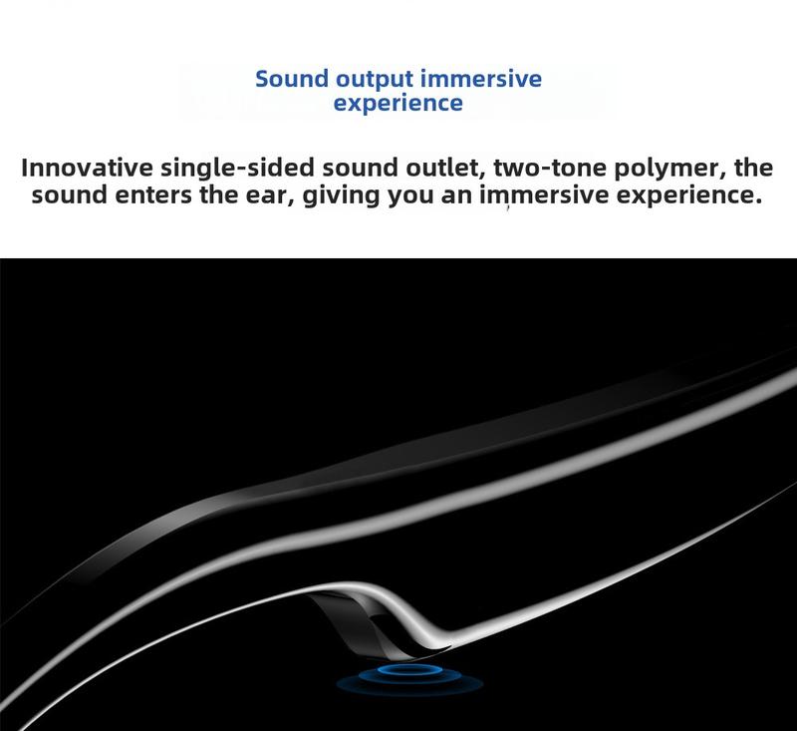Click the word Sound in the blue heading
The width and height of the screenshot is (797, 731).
coord(291,79)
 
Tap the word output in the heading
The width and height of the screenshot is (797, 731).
coord(375,80)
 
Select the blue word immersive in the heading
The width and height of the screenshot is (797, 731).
coord(481,79)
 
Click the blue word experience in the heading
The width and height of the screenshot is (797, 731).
coord(398,103)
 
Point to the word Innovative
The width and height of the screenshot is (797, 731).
coord(87,168)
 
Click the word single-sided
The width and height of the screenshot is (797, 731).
coord(238,168)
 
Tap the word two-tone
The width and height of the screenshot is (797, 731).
coord(550,169)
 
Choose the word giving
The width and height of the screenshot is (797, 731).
coord(341,196)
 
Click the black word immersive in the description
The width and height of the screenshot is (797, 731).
coord(544,195)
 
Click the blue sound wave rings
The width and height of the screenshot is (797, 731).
coord(408,678)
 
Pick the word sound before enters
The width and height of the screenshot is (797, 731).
coord(69,195)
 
